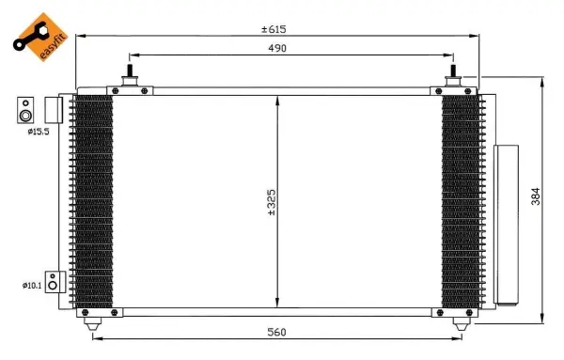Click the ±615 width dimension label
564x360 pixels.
(274, 29)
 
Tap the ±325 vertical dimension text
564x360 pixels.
(271, 204)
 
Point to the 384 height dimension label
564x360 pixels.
(536, 196)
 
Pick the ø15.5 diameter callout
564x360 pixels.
(38, 133)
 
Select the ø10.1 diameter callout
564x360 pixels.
(32, 284)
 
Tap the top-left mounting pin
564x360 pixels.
(129, 75)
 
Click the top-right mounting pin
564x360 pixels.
(453, 75)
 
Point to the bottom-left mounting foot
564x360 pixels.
(92, 322)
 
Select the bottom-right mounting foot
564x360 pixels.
(459, 322)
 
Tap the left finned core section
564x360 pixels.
(93, 202)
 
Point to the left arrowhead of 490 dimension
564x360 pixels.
(133, 55)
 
